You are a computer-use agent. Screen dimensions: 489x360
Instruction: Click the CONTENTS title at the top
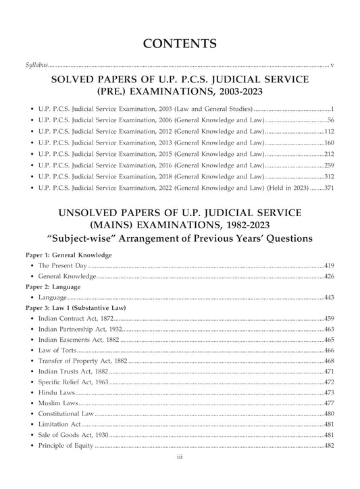[x=180, y=45]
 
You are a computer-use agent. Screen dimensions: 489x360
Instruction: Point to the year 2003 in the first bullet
[x=180, y=108]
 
